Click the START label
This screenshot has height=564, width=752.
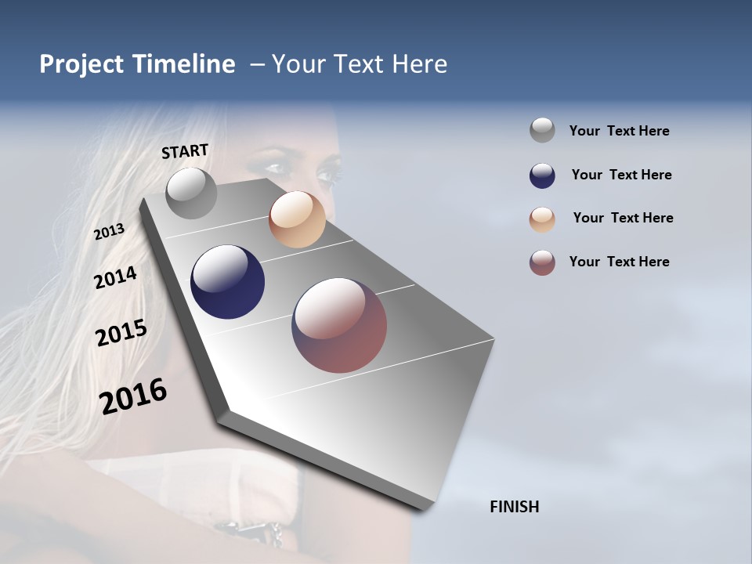(x=185, y=151)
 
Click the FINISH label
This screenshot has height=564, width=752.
(x=514, y=507)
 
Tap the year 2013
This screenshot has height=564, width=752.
(x=109, y=232)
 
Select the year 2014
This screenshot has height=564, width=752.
(x=115, y=277)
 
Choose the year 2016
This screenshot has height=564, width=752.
(x=133, y=396)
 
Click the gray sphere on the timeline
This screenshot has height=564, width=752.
(x=191, y=193)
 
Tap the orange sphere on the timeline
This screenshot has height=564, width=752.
(x=297, y=219)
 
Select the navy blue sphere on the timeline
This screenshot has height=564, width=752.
(x=227, y=282)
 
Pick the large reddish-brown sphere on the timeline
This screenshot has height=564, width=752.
(x=339, y=325)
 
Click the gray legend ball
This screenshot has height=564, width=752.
(x=542, y=131)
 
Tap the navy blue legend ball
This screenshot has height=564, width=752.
(x=542, y=175)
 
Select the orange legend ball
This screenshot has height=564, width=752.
(x=542, y=219)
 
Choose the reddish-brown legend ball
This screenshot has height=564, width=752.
(x=542, y=262)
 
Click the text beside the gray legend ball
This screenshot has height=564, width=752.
(x=619, y=132)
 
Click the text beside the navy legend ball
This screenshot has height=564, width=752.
(x=621, y=175)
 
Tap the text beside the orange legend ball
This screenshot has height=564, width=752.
(x=623, y=218)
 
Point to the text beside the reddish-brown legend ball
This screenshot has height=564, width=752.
(x=619, y=262)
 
